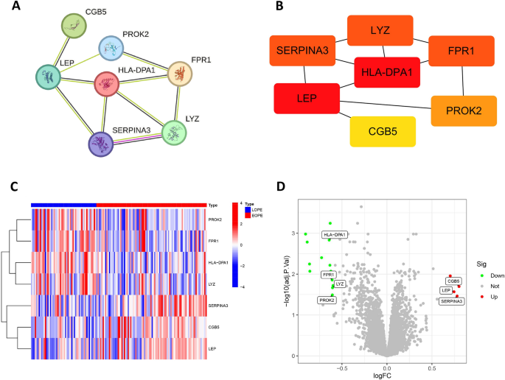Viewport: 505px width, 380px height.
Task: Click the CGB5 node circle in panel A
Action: [x=74, y=27]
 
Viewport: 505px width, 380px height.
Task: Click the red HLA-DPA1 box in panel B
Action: [x=386, y=72]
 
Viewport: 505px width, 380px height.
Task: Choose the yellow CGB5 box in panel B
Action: [x=383, y=131]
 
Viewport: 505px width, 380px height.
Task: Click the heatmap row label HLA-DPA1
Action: [x=217, y=262]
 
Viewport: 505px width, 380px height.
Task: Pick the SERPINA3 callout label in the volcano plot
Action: [x=452, y=300]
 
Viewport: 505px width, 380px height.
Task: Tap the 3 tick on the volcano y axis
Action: [x=293, y=233]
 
